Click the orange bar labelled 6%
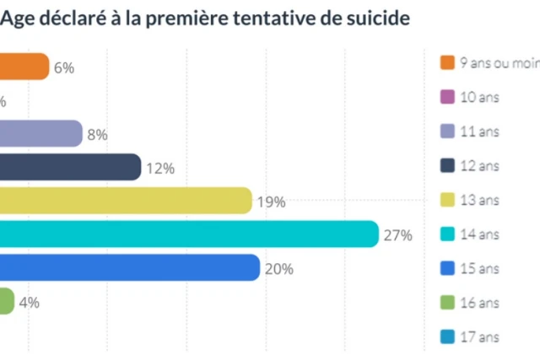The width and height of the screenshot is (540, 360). [24, 67]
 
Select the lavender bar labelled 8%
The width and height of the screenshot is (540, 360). [40, 133]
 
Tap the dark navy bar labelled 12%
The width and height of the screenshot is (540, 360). [69, 167]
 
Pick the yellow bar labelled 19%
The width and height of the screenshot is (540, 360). [125, 201]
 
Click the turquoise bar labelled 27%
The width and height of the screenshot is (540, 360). [187, 234]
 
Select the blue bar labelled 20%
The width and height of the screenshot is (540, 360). [128, 268]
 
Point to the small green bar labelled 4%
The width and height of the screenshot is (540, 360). [7, 302]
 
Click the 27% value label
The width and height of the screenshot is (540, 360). [397, 235]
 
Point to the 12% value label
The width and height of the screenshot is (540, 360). [159, 169]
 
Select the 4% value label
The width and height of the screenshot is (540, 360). [30, 303]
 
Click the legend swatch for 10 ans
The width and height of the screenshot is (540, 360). [448, 97]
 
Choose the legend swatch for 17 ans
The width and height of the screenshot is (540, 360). [448, 337]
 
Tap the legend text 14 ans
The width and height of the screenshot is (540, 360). [480, 234]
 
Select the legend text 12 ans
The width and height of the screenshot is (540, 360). [480, 166]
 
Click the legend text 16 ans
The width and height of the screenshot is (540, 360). [480, 303]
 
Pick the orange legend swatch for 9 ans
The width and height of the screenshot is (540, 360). [448, 62]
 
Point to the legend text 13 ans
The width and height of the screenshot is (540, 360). [480, 200]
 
